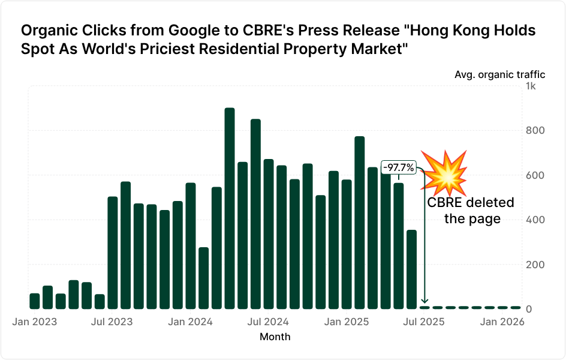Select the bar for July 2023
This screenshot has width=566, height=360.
[x=113, y=253]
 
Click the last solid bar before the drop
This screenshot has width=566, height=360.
[x=411, y=269]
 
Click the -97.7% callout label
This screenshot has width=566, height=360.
[x=399, y=167]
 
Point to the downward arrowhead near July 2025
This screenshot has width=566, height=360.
[x=424, y=301]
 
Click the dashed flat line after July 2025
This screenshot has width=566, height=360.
[x=474, y=307]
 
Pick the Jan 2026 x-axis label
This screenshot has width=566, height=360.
[x=502, y=322]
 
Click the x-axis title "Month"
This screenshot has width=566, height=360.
[x=275, y=337]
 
